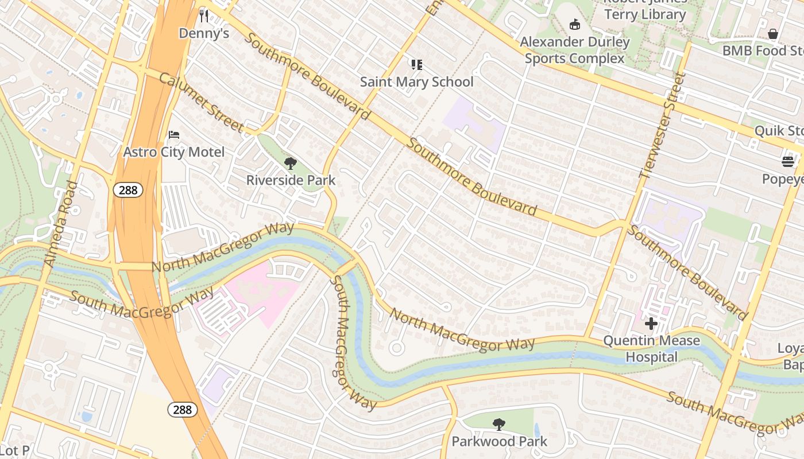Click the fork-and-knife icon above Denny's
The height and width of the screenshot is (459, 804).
point(203,15)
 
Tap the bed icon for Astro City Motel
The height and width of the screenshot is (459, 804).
point(174,135)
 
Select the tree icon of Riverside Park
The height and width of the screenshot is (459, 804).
point(291,164)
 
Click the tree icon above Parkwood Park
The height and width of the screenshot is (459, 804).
point(499,425)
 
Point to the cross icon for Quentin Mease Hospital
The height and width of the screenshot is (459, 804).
point(651,324)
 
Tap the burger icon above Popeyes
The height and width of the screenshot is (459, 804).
point(787,162)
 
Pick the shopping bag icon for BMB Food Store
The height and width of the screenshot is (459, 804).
point(773,34)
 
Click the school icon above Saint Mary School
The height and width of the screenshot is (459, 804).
point(416,64)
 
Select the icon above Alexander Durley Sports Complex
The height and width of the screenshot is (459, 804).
point(574,24)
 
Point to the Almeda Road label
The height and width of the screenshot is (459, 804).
point(60,224)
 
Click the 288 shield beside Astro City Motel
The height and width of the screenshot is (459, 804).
point(127,190)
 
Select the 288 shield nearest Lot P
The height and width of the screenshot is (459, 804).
point(183,409)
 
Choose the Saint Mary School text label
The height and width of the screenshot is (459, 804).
point(416,81)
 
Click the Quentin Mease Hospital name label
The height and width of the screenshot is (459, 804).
point(651,349)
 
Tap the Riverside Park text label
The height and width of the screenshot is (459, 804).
point(291,180)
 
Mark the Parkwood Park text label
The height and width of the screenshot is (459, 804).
point(499,441)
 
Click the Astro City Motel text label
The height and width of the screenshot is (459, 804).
point(174,152)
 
